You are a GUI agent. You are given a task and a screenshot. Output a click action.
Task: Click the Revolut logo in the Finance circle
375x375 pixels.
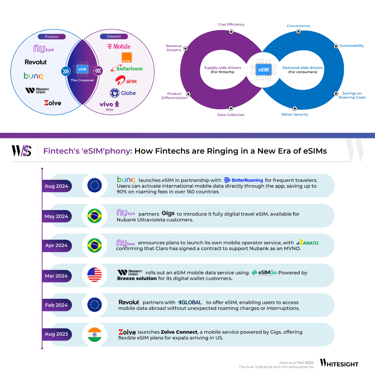tap(36, 62)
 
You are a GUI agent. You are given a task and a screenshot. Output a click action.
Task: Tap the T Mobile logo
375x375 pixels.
tap(119, 47)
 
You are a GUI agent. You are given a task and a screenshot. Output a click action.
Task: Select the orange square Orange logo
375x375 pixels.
tap(127, 57)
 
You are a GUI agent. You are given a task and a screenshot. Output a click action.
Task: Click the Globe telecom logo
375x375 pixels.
tap(123, 93)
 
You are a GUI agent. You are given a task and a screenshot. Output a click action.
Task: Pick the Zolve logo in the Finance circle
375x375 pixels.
tap(52, 103)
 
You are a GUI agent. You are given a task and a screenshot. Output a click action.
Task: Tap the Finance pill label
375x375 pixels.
tap(52, 37)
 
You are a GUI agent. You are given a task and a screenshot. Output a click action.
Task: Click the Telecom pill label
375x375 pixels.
tap(114, 37)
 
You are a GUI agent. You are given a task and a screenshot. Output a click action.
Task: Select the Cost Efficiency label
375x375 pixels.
tap(231, 24)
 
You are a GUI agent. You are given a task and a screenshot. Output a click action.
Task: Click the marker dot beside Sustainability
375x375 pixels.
tap(336, 46)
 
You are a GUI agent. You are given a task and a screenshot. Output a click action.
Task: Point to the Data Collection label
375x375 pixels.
tap(231, 115)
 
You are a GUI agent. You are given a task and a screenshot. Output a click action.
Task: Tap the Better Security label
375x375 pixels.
tap(295, 114)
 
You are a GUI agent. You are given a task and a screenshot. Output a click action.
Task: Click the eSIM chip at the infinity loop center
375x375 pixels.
tap(263, 70)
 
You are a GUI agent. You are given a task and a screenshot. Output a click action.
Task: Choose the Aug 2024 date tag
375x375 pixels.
tap(57, 186)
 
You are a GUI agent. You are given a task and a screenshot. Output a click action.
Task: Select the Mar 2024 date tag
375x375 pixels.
tap(57, 276)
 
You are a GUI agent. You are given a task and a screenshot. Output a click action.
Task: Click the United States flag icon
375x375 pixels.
tap(94, 275)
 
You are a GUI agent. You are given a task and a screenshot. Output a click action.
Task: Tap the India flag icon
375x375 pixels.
tap(94, 334)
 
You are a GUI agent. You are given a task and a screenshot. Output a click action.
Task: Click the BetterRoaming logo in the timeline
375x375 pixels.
tap(244, 180)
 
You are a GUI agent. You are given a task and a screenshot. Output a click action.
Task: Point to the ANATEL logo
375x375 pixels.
tap(308, 243)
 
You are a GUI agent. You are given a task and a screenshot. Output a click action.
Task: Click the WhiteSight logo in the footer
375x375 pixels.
tap(339, 363)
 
